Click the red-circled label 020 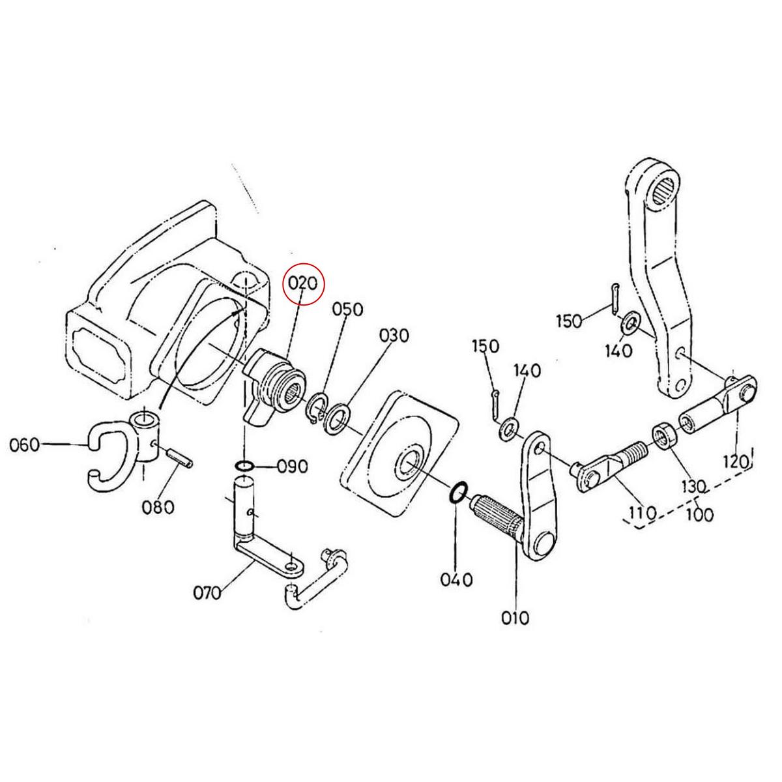(303, 284)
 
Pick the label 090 (291, 467)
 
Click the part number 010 (515, 616)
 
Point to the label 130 (694, 486)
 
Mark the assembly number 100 (699, 514)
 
